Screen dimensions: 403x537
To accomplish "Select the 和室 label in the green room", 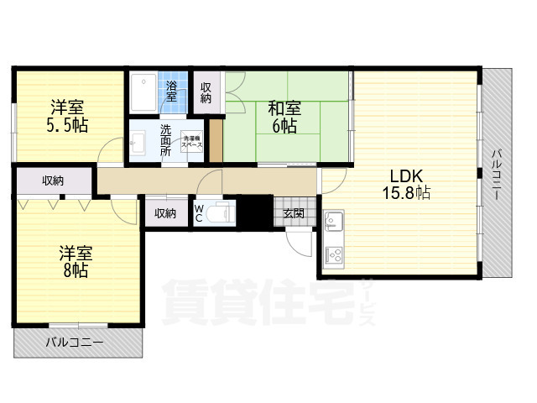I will point(284,108).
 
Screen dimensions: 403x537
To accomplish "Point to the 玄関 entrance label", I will point(294,213).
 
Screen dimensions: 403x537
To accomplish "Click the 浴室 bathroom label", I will point(171,91).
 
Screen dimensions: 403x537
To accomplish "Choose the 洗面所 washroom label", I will point(165,140).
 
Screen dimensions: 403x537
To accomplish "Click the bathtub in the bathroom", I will point(143,92).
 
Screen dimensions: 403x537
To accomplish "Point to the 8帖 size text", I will point(73,270).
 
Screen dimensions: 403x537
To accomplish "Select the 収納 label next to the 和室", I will point(206,92).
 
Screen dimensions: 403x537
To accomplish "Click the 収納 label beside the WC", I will point(164,213).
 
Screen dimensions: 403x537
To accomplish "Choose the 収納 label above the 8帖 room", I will point(52,180).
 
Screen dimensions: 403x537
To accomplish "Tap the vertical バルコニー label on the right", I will point(496,173).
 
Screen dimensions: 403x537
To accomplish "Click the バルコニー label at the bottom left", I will point(75,343).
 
